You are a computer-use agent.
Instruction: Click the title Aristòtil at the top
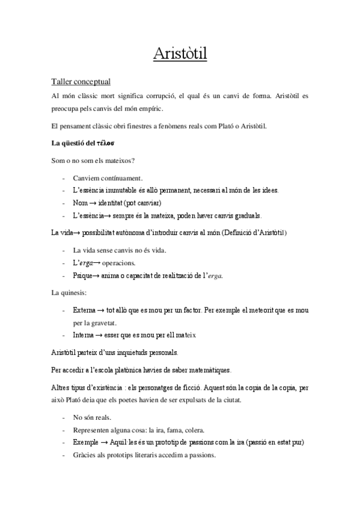[x=180, y=55]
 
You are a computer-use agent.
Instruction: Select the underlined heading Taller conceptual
[x=81, y=81]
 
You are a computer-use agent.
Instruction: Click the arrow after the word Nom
[x=93, y=203]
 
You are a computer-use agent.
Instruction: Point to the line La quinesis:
[x=69, y=293]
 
